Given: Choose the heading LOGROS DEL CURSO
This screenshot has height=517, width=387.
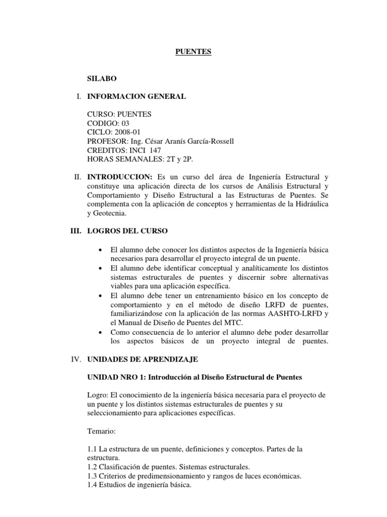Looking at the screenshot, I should click(128, 231).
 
